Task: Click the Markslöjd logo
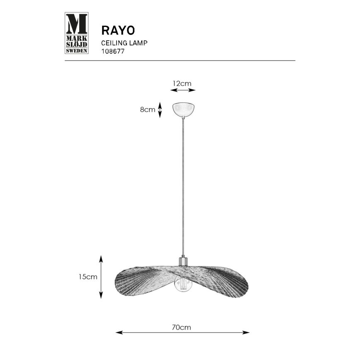coord(77,33)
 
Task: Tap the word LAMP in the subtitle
coord(140,43)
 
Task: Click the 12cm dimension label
coord(182,83)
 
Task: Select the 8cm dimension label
coord(147,110)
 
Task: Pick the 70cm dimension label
coord(182,327)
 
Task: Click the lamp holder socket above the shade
coord(183,261)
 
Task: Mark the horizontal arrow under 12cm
coord(183,90)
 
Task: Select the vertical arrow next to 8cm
coord(161,110)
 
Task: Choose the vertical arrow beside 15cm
coord(101,277)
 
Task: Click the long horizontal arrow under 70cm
coord(182,333)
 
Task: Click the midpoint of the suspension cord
coord(183,187)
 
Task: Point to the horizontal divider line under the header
coord(180,61)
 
